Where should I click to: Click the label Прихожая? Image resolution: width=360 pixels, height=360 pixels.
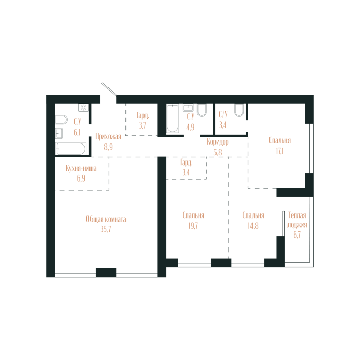click(x=108, y=136)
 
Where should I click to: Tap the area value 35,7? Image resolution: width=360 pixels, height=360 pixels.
click(x=106, y=229)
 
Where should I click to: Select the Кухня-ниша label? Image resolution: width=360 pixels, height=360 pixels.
click(x=81, y=168)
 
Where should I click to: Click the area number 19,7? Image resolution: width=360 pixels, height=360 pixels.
click(x=193, y=225)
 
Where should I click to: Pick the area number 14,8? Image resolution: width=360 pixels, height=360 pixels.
click(x=253, y=225)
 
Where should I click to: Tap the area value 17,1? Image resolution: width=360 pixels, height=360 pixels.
click(x=280, y=150)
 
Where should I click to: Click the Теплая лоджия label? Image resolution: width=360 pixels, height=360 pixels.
click(x=297, y=220)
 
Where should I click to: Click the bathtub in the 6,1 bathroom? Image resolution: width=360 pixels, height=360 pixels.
click(x=71, y=149)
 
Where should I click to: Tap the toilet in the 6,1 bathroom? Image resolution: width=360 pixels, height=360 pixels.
click(x=61, y=119)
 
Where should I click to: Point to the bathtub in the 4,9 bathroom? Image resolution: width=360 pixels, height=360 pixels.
click(x=172, y=119)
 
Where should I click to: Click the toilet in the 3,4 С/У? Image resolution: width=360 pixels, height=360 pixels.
click(x=239, y=110)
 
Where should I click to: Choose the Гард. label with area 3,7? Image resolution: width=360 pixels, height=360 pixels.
click(x=142, y=115)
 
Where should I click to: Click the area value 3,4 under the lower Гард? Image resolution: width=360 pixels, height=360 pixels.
click(x=186, y=172)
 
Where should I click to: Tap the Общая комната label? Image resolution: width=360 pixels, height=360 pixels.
click(x=106, y=219)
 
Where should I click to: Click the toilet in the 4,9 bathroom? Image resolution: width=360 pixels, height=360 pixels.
click(x=202, y=110)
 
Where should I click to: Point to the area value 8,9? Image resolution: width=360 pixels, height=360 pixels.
click(x=108, y=146)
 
